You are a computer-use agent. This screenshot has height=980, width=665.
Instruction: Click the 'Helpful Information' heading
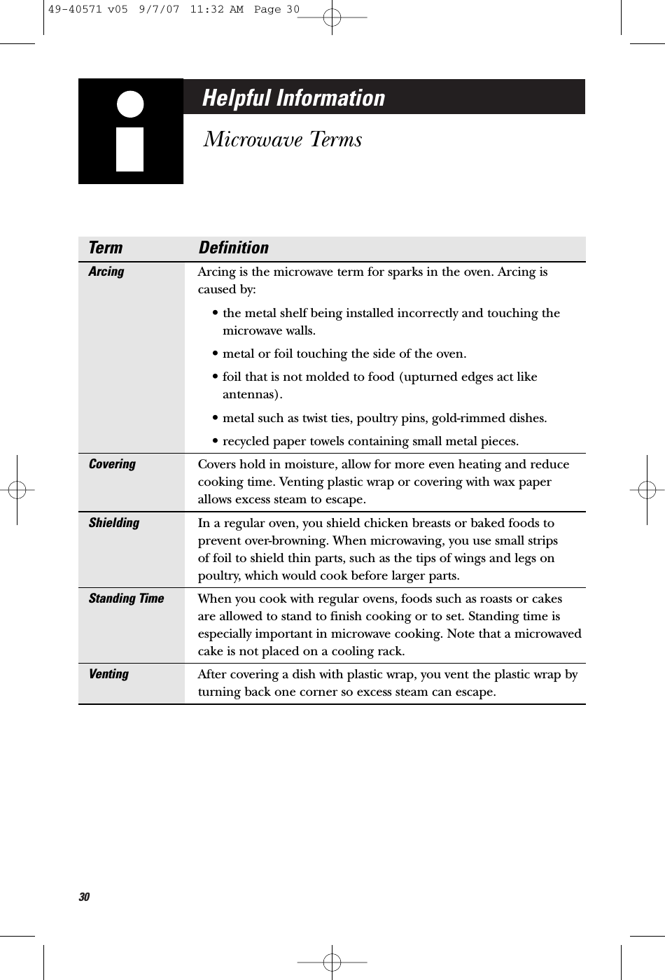point(293,98)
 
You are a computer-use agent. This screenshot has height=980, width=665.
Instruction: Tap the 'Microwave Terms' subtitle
point(282,139)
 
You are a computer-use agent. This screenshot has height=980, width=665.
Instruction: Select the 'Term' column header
point(105,248)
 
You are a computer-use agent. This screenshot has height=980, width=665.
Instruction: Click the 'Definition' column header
point(233,248)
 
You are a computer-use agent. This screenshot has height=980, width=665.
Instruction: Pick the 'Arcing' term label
point(106,272)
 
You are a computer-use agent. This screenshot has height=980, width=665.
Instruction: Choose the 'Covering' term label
point(112,464)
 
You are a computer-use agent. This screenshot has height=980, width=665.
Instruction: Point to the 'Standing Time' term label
point(126,598)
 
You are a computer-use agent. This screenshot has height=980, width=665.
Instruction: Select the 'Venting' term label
point(108,674)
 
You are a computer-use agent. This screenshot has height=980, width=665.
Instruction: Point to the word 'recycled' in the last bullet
point(245,442)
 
